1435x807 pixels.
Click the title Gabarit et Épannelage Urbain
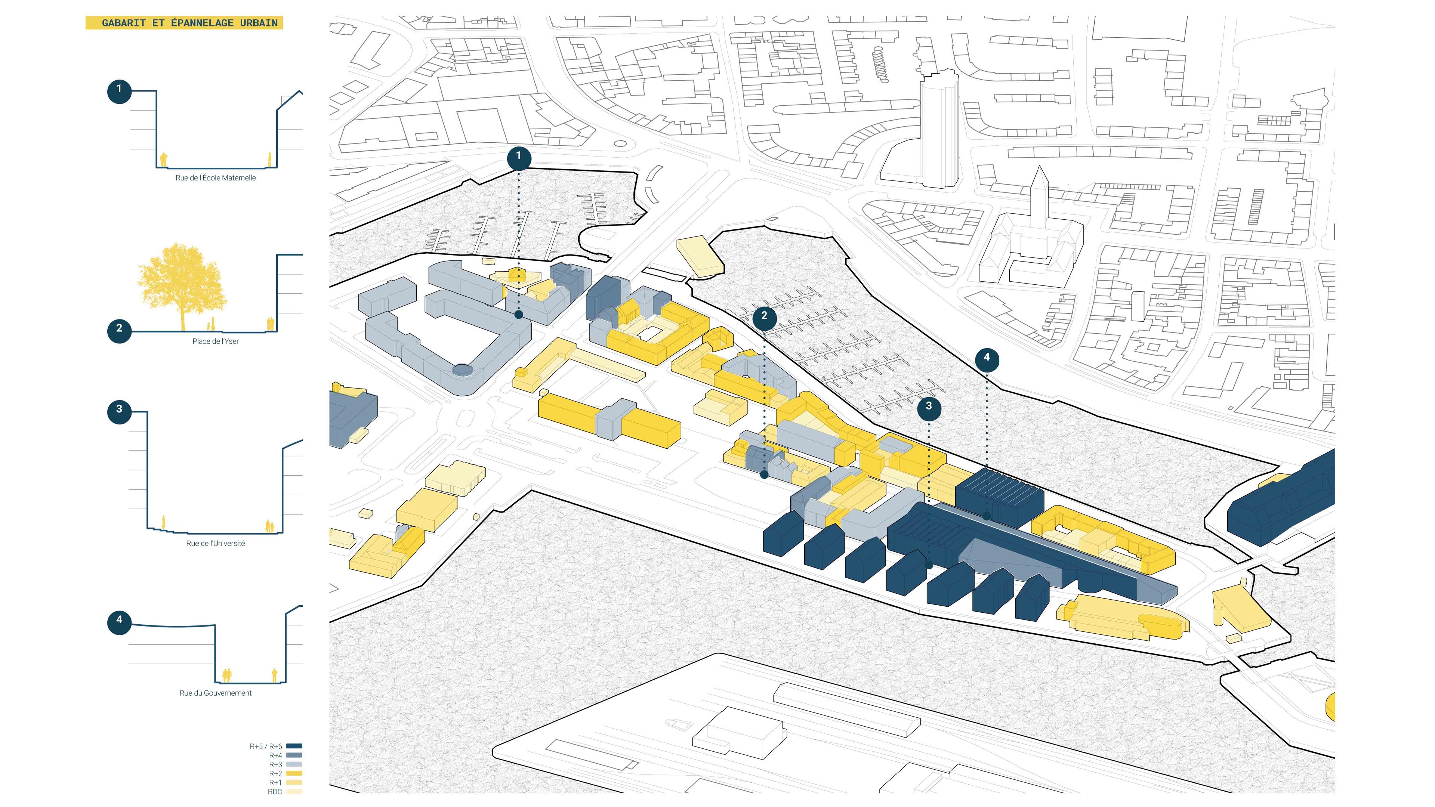click(x=189, y=23)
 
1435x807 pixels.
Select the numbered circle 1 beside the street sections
click(x=119, y=89)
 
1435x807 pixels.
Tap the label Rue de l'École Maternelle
click(x=216, y=178)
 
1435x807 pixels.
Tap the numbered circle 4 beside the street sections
click(x=119, y=620)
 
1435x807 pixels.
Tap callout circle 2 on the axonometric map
click(x=764, y=316)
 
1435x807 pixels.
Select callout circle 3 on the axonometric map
click(x=929, y=406)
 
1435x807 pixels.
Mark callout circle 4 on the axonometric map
click(x=987, y=358)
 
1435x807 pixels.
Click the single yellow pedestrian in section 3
click(x=163, y=522)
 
